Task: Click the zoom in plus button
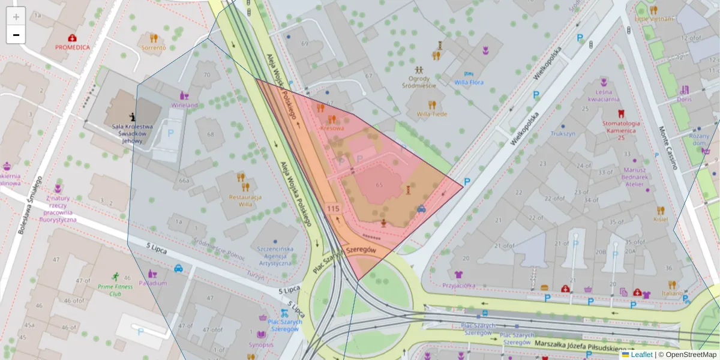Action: click(x=16, y=17)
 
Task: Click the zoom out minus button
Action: click(x=16, y=35)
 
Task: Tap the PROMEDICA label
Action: click(x=73, y=47)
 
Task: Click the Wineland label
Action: click(x=184, y=105)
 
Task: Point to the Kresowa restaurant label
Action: click(x=332, y=128)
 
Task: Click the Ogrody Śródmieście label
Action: click(x=419, y=82)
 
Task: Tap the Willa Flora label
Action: click(x=469, y=82)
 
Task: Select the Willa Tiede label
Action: click(x=432, y=113)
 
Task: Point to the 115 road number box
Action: click(x=334, y=208)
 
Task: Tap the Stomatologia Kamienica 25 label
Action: click(x=621, y=130)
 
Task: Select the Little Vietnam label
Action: click(x=654, y=19)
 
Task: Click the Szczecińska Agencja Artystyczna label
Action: click(x=275, y=256)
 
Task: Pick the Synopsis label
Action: click(x=262, y=344)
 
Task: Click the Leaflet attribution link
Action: click(x=641, y=355)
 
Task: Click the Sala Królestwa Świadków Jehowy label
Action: click(x=132, y=133)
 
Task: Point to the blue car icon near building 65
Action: click(x=421, y=209)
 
